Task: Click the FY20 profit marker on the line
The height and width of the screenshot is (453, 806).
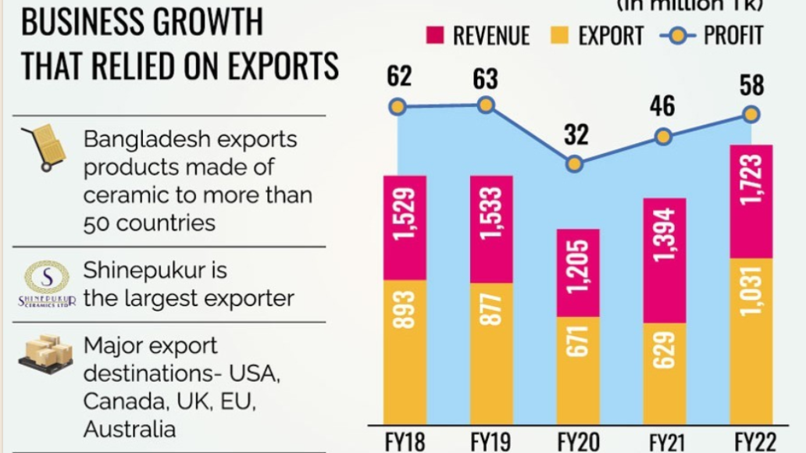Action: tap(574, 164)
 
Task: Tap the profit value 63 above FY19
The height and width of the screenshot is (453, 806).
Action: tap(486, 79)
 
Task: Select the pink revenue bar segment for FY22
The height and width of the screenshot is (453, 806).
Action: tap(751, 201)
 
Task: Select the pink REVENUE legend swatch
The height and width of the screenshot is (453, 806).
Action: tap(435, 34)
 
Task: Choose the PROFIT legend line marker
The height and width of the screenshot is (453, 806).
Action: tap(677, 34)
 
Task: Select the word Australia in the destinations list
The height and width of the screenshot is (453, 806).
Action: tap(130, 429)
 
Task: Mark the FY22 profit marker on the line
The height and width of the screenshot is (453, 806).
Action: tap(751, 114)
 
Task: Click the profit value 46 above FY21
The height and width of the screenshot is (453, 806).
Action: tap(662, 105)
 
